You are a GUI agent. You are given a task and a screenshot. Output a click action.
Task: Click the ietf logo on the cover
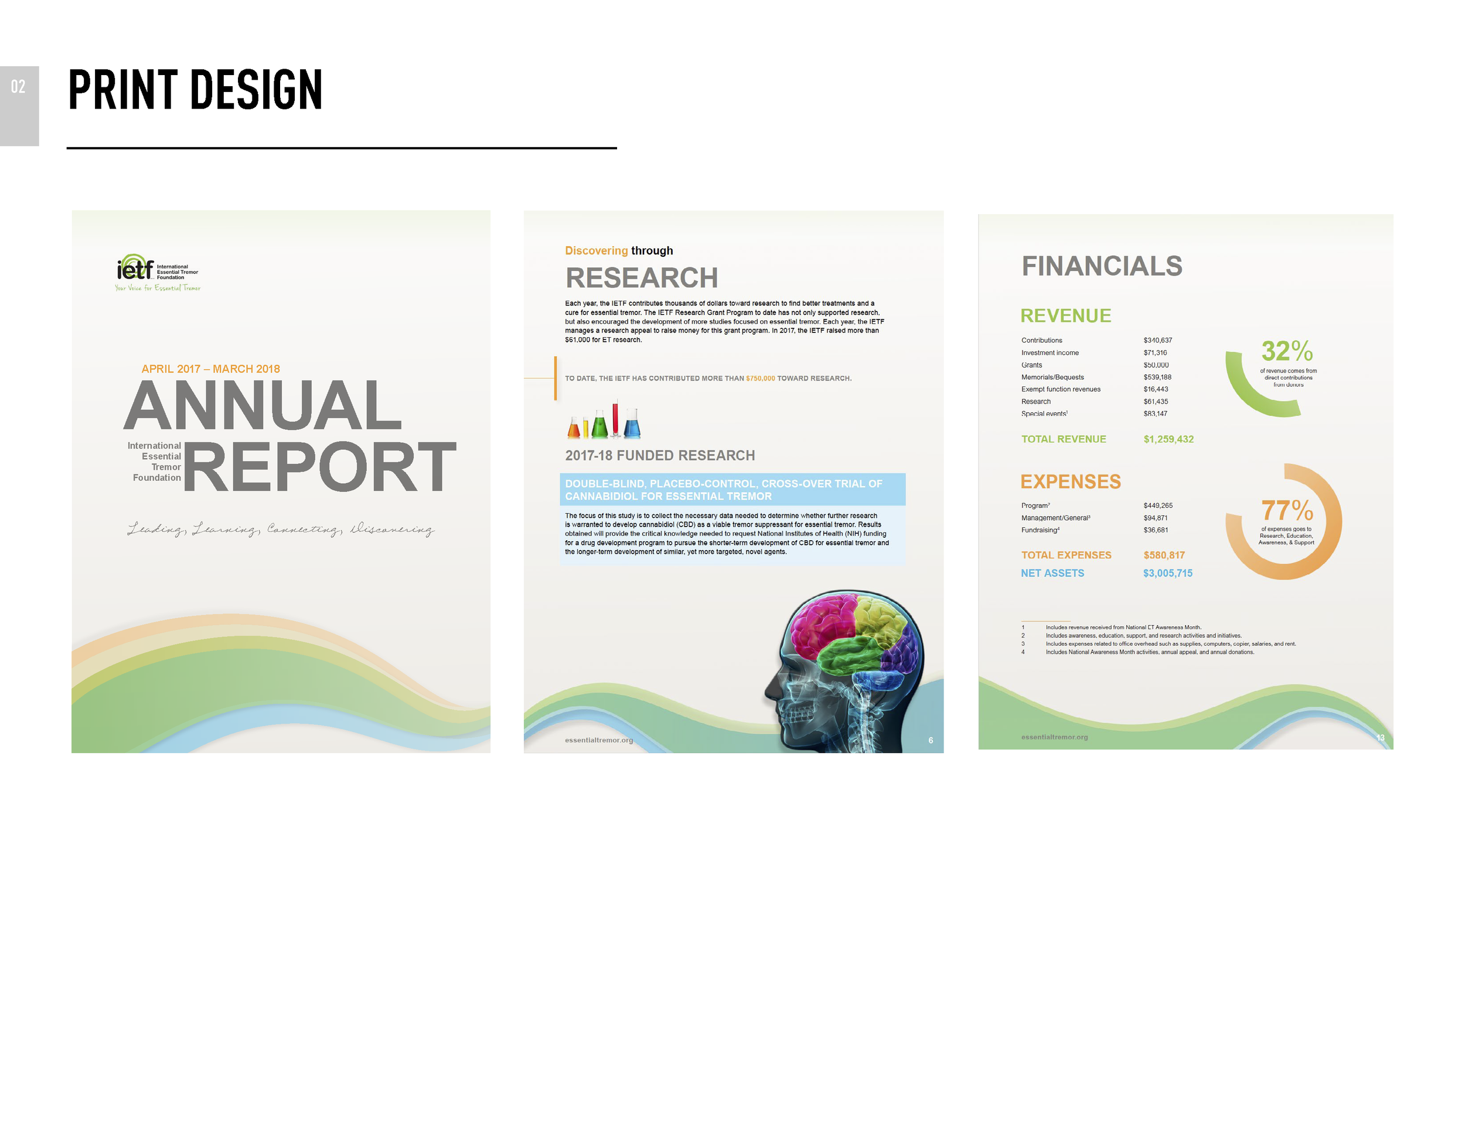(135, 269)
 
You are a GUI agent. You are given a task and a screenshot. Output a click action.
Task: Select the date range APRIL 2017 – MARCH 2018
(210, 369)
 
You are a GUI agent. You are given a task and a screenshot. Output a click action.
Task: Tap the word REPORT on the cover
(319, 467)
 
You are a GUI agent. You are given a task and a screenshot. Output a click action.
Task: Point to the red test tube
(615, 416)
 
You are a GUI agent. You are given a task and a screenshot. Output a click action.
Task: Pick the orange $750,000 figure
(760, 379)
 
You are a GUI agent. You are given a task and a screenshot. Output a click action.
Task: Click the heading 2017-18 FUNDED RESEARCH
(660, 456)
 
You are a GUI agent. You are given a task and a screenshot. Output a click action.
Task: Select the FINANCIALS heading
(1102, 266)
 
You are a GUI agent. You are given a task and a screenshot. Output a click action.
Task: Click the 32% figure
(1287, 351)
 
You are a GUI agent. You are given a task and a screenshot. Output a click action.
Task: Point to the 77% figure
(1287, 511)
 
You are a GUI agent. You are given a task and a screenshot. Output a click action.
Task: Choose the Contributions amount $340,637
(1158, 340)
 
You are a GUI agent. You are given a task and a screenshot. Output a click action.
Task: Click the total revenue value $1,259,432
(1168, 439)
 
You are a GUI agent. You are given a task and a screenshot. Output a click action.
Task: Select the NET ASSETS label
(1052, 573)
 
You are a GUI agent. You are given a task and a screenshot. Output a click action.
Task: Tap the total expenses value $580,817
(1164, 555)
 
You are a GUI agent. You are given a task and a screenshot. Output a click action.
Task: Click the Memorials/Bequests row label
(1052, 377)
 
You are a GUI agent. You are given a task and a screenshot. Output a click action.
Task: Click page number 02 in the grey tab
(18, 87)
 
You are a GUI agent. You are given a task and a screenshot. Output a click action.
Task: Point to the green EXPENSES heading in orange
(1071, 482)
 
